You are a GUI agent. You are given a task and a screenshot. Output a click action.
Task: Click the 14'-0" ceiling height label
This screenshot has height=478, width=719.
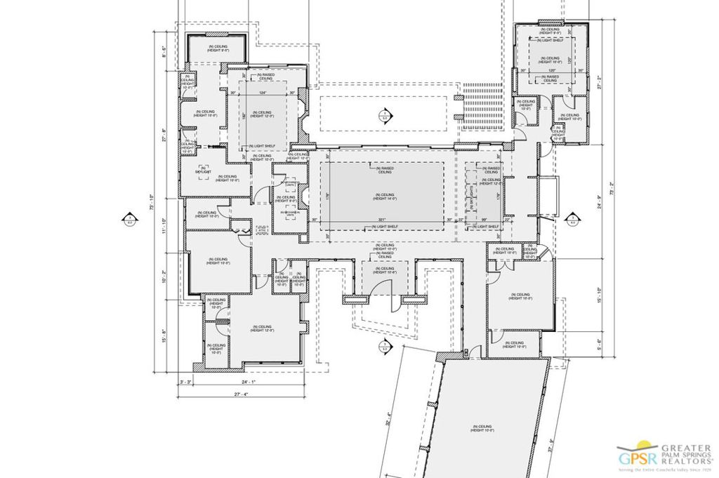click(383, 197)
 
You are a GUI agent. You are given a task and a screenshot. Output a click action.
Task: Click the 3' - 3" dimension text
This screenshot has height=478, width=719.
click(185, 382)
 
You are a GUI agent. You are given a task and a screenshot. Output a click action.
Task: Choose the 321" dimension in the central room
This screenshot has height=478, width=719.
click(383, 220)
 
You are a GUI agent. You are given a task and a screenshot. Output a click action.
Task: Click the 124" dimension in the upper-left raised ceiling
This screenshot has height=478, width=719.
click(263, 93)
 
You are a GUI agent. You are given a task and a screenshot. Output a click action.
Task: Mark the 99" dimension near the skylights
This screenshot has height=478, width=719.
click(484, 220)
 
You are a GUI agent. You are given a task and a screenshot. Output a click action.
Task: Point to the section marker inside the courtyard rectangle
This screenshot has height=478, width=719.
click(383, 115)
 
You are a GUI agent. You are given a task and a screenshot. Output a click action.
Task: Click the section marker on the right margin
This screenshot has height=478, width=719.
click(572, 219)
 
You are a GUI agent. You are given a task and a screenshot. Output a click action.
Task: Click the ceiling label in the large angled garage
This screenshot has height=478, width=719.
click(482, 427)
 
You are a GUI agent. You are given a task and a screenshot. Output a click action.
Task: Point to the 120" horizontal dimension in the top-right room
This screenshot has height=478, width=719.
click(552, 71)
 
